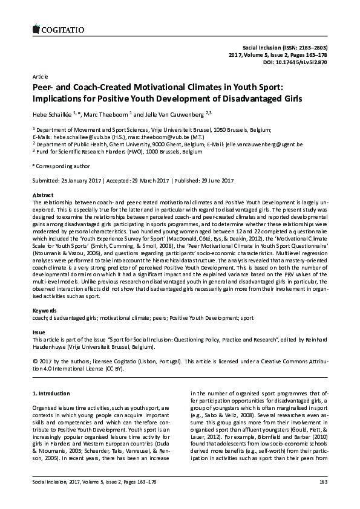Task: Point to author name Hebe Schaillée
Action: click(52, 114)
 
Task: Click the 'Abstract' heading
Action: click(42, 195)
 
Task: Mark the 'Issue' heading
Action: click(38, 332)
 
